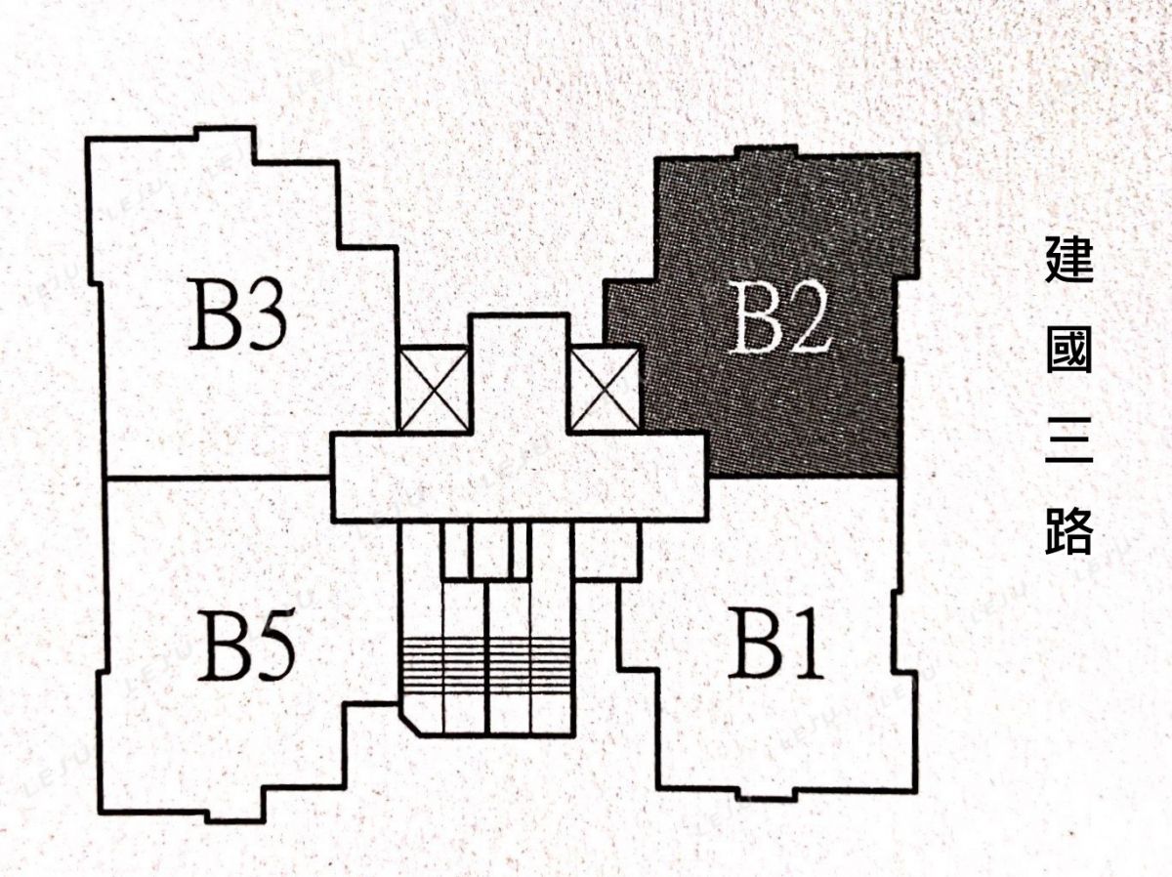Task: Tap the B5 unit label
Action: [x=246, y=646]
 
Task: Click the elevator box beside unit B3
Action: [x=434, y=389]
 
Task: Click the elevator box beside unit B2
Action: [x=605, y=389]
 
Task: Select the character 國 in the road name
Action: [x=1068, y=351]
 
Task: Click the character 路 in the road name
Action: [x=1068, y=530]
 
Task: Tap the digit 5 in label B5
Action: [x=272, y=647]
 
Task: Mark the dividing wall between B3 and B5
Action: [x=218, y=478]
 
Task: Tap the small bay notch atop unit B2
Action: [x=769, y=152]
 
